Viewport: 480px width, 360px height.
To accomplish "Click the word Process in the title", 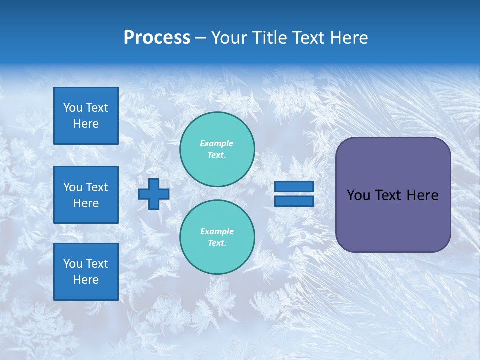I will click(x=157, y=38).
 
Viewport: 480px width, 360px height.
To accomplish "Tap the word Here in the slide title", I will click(x=348, y=38).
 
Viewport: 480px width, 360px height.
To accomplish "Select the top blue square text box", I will click(x=86, y=116).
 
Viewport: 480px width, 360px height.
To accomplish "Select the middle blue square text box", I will click(x=86, y=195).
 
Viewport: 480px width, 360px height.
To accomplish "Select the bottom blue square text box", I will click(x=86, y=272).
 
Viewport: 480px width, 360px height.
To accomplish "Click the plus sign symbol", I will click(x=154, y=194).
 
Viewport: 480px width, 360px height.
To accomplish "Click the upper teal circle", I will click(x=217, y=149).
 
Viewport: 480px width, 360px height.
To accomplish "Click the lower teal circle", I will click(x=217, y=237).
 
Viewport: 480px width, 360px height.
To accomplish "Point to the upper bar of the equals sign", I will click(x=294, y=186).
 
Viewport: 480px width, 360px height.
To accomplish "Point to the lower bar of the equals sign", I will click(x=294, y=201).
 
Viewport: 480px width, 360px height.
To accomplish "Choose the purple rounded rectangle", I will click(x=393, y=195).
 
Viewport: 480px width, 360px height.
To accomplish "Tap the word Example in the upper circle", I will click(x=217, y=143).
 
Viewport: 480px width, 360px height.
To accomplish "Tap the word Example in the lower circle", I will click(x=217, y=231).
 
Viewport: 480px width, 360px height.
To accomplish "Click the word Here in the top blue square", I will click(x=86, y=124).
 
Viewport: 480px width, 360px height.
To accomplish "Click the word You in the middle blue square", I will click(x=73, y=187).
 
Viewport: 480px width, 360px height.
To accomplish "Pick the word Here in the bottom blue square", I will click(x=86, y=280).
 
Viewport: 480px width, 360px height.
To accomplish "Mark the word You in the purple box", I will click(x=358, y=195).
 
